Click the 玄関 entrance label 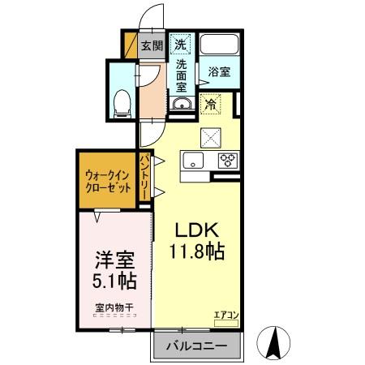[152, 45]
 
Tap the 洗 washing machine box [182, 44]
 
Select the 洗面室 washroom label [182, 75]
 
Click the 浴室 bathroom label [218, 71]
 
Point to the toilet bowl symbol [122, 101]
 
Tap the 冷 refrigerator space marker [210, 104]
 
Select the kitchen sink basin [195, 159]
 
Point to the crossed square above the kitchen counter [211, 135]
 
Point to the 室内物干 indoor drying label [113, 307]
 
